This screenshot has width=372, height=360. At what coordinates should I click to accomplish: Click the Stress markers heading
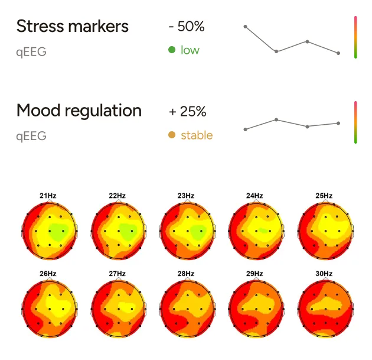coord(72,27)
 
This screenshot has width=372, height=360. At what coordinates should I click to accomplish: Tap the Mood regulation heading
coord(79,111)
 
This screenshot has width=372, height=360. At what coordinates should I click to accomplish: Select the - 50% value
coord(186,27)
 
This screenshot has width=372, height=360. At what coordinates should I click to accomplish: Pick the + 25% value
coord(187,111)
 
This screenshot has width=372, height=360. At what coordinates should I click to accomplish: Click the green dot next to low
coord(172,50)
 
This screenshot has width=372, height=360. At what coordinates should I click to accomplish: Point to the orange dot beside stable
coord(172,135)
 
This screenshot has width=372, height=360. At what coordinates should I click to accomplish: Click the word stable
coord(197,135)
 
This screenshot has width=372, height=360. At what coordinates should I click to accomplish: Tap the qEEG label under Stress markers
coord(31,51)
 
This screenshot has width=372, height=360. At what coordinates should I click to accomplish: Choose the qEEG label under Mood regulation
coord(31,136)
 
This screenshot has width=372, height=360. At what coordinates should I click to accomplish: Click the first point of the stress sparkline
coord(246,27)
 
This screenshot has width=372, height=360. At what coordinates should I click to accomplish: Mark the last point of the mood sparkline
coord(338,123)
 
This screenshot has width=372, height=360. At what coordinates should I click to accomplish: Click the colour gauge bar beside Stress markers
coord(355,37)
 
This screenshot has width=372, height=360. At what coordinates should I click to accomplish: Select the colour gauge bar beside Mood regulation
coord(355,122)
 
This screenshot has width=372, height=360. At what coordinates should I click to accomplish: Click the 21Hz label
coord(48,196)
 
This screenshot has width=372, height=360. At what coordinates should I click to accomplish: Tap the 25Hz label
coord(324,196)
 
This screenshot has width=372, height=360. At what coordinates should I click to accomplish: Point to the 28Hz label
coord(185,274)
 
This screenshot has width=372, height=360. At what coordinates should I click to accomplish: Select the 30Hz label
coord(324,274)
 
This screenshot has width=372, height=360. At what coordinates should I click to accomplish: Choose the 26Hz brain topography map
coord(49,307)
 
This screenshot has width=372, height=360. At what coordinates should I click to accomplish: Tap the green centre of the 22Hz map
coord(126,229)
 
